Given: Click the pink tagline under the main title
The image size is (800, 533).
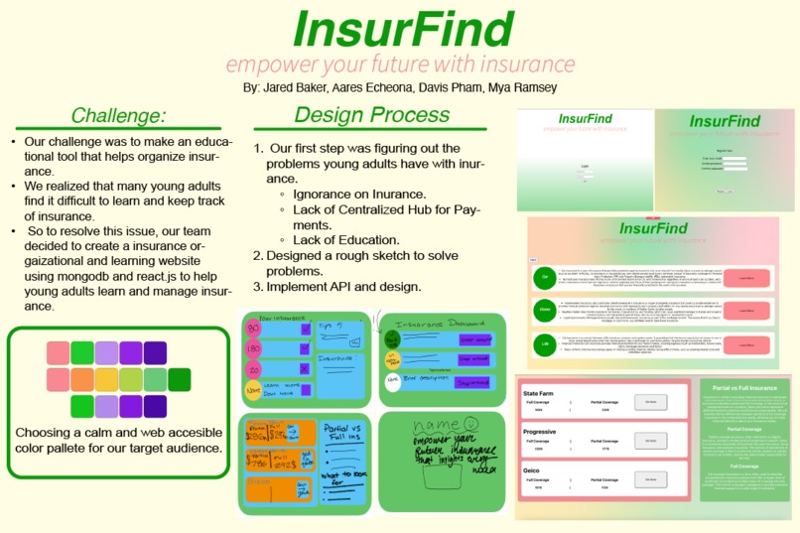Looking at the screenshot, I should tap(400, 66).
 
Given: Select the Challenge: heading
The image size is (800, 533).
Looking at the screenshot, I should tap(118, 115).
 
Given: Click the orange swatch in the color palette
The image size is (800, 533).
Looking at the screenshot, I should tap(82, 379).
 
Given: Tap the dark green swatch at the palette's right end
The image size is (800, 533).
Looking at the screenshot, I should tap(179, 379).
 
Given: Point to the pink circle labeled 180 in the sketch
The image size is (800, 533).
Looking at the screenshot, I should tap(254, 349).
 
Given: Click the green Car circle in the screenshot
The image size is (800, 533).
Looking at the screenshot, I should tap(545, 277).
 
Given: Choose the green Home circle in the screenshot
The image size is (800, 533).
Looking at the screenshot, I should tap(545, 311).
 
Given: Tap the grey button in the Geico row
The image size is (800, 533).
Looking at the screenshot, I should tap(651, 479).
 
